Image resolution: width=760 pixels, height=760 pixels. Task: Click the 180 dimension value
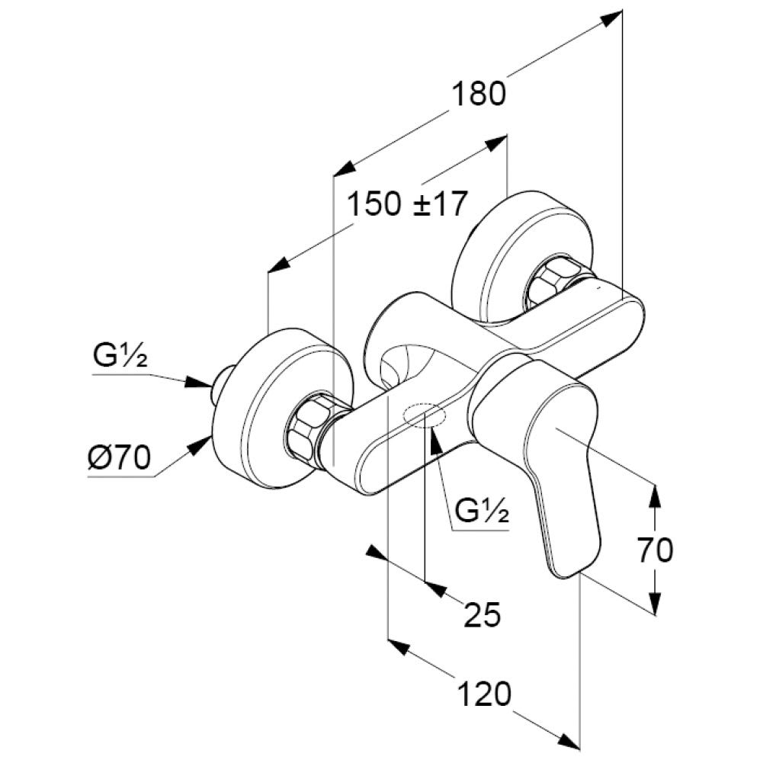(x=479, y=95)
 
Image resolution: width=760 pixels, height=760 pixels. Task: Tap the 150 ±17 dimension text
(x=406, y=204)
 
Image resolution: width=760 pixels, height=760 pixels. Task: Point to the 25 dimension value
(x=482, y=614)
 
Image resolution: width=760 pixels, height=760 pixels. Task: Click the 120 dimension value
(x=483, y=694)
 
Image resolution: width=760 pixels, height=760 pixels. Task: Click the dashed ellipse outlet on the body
(x=425, y=416)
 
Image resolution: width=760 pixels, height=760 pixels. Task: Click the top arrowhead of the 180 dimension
(x=611, y=18)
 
